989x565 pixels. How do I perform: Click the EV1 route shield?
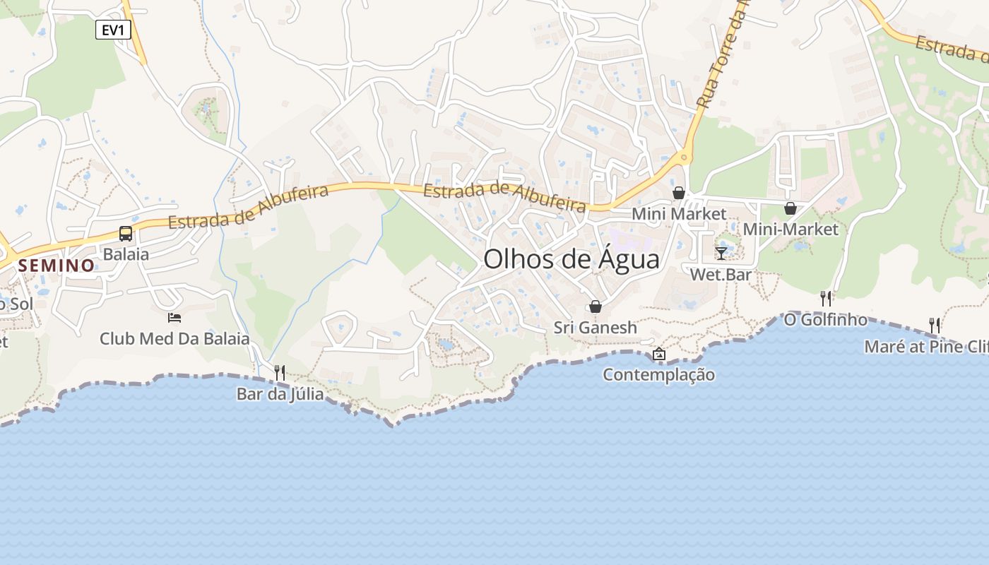(113, 29)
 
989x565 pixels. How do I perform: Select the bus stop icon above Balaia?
(126, 234)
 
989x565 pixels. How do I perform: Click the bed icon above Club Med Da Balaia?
(174, 318)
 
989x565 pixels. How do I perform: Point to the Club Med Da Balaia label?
(174, 338)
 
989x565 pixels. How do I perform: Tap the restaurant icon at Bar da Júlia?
(280, 372)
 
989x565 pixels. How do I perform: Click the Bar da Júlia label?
(280, 393)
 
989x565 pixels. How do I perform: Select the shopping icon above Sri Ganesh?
(596, 307)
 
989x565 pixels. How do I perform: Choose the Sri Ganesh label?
(596, 328)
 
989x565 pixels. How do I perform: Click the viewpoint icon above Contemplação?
(659, 354)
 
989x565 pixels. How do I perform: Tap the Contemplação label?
(658, 375)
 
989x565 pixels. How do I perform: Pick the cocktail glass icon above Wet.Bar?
(721, 254)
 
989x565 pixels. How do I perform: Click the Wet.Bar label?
(721, 274)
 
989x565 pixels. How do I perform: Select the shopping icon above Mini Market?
(679, 193)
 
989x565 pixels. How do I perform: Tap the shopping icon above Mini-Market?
(790, 208)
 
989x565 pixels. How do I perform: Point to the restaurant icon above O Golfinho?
(825, 299)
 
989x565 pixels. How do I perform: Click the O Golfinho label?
(825, 320)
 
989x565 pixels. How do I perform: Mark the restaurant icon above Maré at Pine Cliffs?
(935, 326)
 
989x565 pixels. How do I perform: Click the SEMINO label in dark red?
(57, 266)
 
